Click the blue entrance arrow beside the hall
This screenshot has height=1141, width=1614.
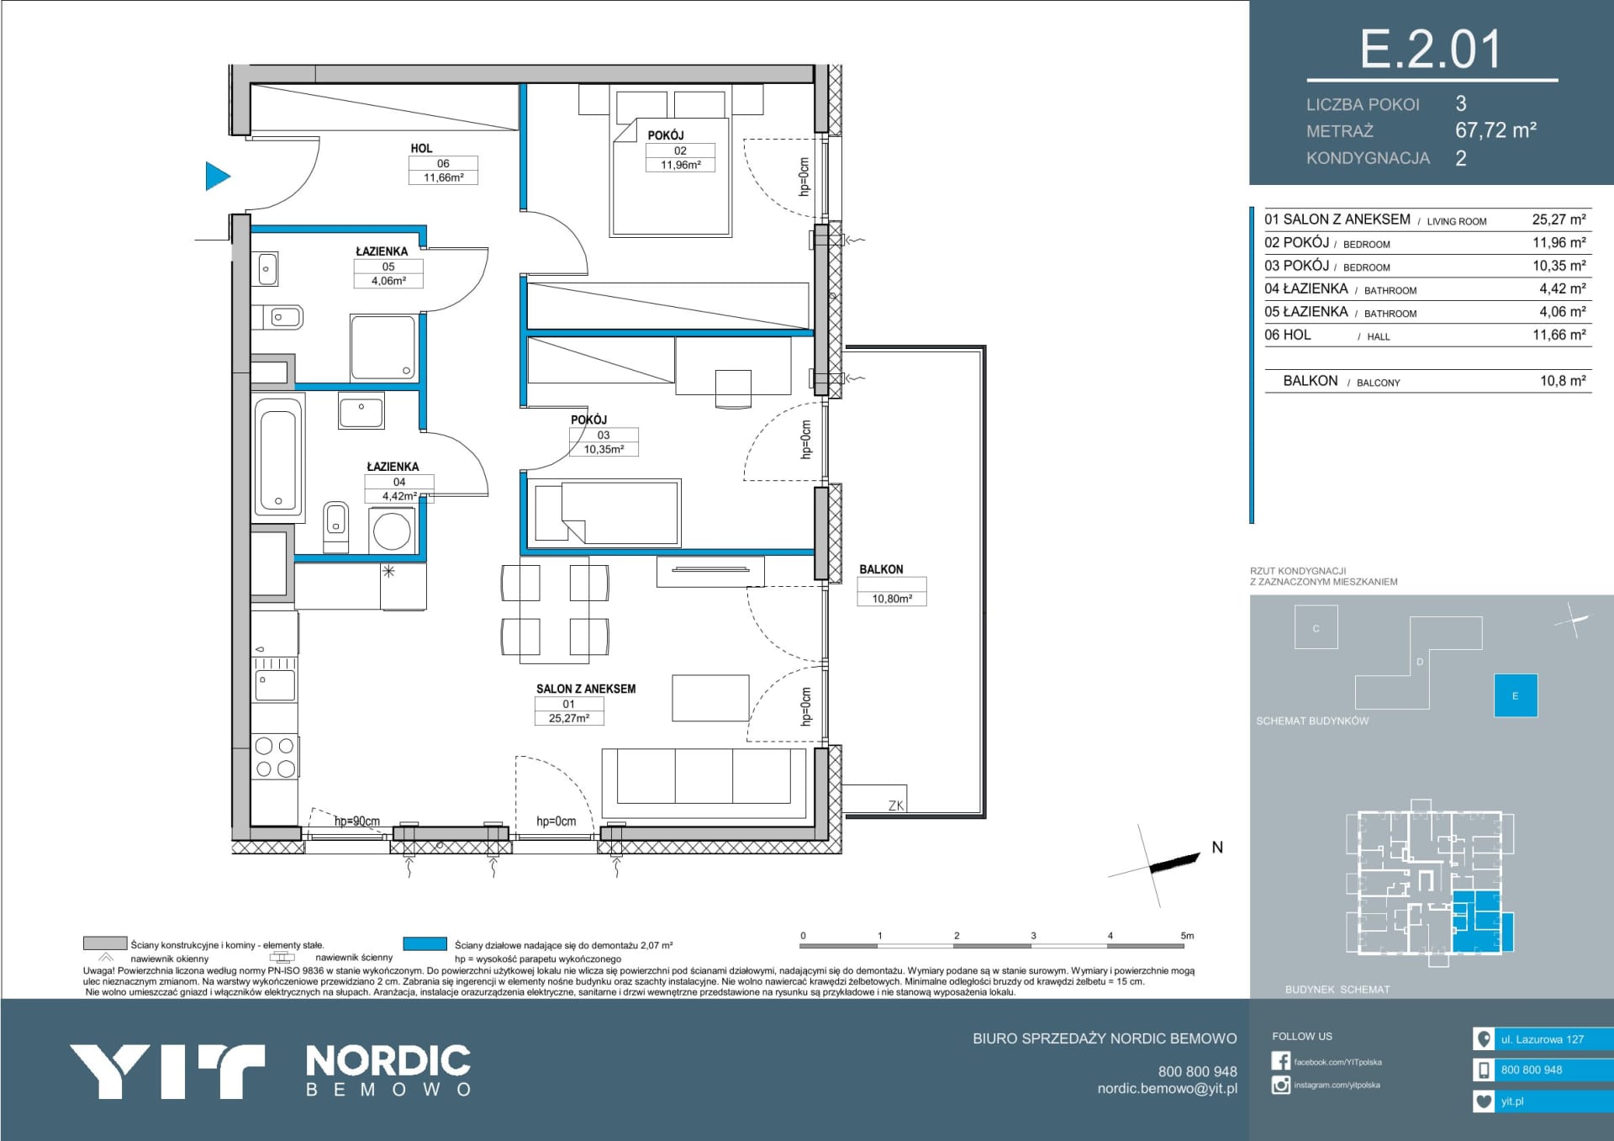(x=217, y=177)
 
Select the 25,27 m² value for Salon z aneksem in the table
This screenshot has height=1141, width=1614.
(x=1559, y=219)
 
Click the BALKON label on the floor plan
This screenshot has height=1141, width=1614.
(x=881, y=569)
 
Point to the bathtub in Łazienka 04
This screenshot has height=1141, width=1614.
(x=278, y=456)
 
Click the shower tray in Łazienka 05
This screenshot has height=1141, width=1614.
(x=382, y=347)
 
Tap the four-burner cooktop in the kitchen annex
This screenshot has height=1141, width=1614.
(x=275, y=757)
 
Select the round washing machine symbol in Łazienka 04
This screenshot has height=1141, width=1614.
(x=392, y=531)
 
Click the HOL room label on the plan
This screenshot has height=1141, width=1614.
(x=421, y=148)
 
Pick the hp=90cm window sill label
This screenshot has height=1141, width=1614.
(x=357, y=821)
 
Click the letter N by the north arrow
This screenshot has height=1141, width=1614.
(x=1217, y=848)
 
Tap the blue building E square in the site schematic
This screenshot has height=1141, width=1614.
(x=1516, y=695)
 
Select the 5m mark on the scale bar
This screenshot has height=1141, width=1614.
(x=1187, y=935)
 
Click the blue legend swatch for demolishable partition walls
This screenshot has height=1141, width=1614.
(x=425, y=944)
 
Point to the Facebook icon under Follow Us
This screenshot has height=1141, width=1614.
(x=1281, y=1061)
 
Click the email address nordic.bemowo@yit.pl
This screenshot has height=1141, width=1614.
(x=1167, y=1089)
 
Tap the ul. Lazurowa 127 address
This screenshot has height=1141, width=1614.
(x=1543, y=1039)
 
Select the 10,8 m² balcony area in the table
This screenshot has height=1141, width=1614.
(x=1563, y=381)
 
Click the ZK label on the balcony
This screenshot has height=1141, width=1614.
(x=896, y=806)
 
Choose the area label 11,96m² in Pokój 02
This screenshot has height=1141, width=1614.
(x=680, y=165)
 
